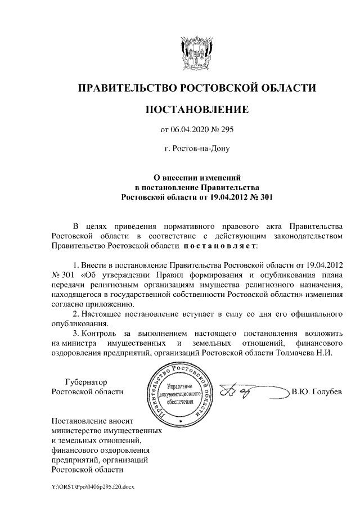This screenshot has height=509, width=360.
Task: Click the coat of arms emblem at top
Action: [196, 54]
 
